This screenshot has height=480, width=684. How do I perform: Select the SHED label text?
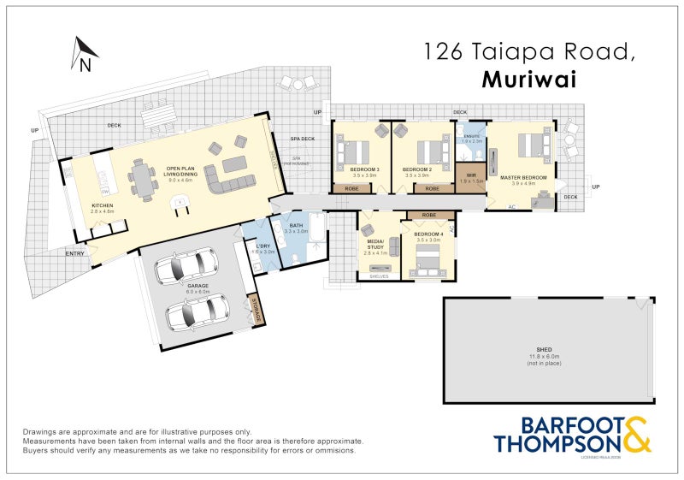pos(544,350)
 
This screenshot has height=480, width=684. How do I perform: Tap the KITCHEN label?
pos(103,205)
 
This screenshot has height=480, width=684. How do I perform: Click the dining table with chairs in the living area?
pos(143,179)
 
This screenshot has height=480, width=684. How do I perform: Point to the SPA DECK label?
pos(302,139)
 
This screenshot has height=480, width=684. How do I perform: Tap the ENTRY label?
pos(75,253)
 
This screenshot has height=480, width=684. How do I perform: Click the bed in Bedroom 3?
pos(352,152)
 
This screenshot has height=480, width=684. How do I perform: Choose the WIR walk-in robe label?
pos(471,175)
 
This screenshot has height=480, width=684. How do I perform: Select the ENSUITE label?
pos(471,137)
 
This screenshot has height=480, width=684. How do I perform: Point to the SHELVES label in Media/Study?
pos(379,276)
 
